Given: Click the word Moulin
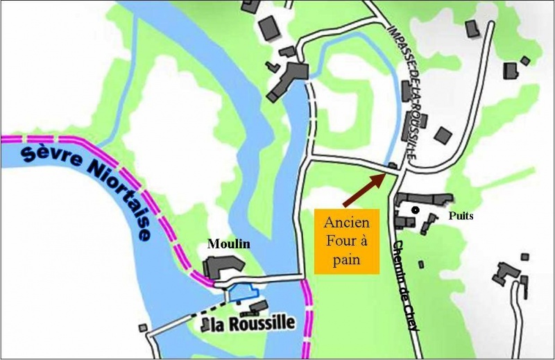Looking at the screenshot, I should (x=229, y=244).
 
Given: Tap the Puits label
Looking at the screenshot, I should (x=461, y=216).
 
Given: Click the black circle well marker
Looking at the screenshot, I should (x=415, y=209).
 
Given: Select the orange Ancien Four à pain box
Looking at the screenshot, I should (x=346, y=240).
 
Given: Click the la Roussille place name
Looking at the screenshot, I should (x=256, y=323).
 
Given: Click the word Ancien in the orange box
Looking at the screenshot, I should (x=346, y=223).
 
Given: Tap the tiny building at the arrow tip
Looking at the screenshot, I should (x=393, y=166).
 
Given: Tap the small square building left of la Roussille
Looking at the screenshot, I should (x=143, y=327).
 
